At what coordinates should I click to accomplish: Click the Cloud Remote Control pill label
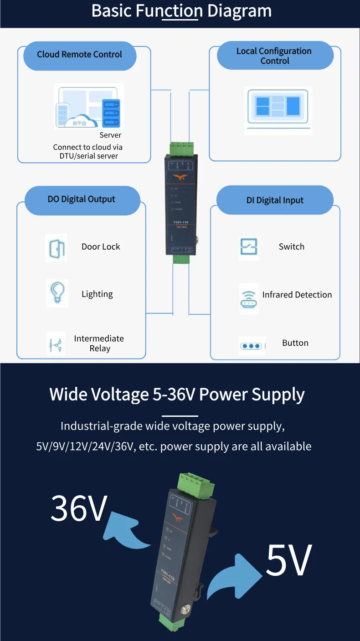click(x=80, y=55)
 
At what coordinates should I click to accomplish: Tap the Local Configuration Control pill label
click(x=275, y=56)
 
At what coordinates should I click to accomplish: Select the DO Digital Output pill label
click(x=82, y=200)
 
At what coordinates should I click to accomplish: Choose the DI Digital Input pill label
click(x=275, y=200)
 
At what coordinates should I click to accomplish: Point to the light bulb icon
click(x=57, y=292)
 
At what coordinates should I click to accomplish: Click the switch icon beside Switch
click(x=249, y=247)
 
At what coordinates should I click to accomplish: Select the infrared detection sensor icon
click(x=249, y=298)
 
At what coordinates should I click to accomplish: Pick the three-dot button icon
click(x=252, y=346)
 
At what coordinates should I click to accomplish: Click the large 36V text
click(x=79, y=508)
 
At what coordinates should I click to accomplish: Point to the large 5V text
click(x=289, y=560)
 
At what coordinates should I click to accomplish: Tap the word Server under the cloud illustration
click(x=110, y=135)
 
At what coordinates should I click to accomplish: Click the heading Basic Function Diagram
click(x=181, y=11)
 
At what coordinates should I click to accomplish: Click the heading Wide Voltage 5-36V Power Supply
click(x=177, y=395)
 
